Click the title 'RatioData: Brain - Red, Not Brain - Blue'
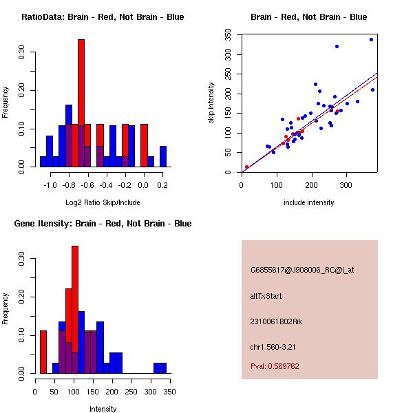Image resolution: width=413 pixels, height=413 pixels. pyautogui.click(x=103, y=17)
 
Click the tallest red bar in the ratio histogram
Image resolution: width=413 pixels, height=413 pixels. pyautogui.click(x=81, y=103)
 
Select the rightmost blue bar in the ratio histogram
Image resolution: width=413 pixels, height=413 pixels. pyautogui.click(x=163, y=156)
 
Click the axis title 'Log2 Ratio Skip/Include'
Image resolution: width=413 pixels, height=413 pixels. pyautogui.click(x=103, y=203)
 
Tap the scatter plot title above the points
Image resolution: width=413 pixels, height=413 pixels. pyautogui.click(x=308, y=17)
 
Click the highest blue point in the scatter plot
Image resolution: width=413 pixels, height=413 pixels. pyautogui.click(x=371, y=39)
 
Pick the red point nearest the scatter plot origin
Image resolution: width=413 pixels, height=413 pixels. pyautogui.click(x=246, y=167)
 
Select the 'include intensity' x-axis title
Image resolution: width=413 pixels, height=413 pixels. pyautogui.click(x=308, y=203)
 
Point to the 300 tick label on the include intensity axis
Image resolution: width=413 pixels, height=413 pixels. pyautogui.click(x=347, y=185)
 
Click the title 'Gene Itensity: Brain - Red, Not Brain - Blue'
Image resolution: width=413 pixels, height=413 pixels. pyautogui.click(x=103, y=224)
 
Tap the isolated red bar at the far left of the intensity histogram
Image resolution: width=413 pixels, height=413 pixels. pyautogui.click(x=43, y=352)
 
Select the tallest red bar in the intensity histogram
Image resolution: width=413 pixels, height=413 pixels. pyautogui.click(x=75, y=310)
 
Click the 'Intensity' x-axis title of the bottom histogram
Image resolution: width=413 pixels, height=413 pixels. pyautogui.click(x=103, y=409)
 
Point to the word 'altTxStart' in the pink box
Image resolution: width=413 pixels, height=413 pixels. pyautogui.click(x=266, y=296)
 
